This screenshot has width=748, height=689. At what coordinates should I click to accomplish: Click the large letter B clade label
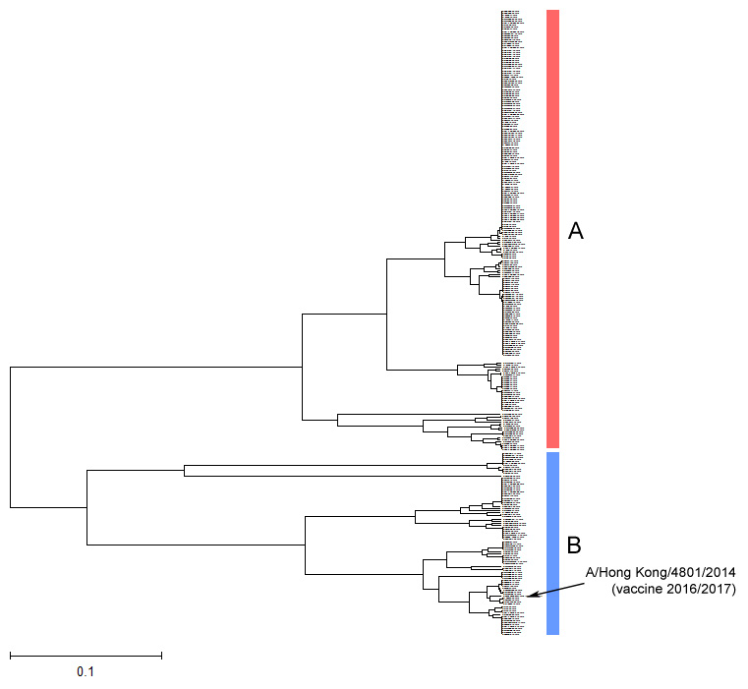575,544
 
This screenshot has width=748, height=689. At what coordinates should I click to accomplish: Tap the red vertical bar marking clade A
552,227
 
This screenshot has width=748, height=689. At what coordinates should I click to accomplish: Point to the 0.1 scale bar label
86,672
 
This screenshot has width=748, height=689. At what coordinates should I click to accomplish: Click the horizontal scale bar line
86,655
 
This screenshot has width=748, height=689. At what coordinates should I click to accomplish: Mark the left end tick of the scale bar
11,655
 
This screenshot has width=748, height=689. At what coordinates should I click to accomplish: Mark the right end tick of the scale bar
161,655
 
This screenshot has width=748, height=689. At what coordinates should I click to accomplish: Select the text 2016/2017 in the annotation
705,589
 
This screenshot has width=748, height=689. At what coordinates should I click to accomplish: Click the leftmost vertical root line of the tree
11,437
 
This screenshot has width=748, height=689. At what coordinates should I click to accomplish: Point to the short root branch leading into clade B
49,507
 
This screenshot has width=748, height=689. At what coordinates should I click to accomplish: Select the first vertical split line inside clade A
302,367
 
